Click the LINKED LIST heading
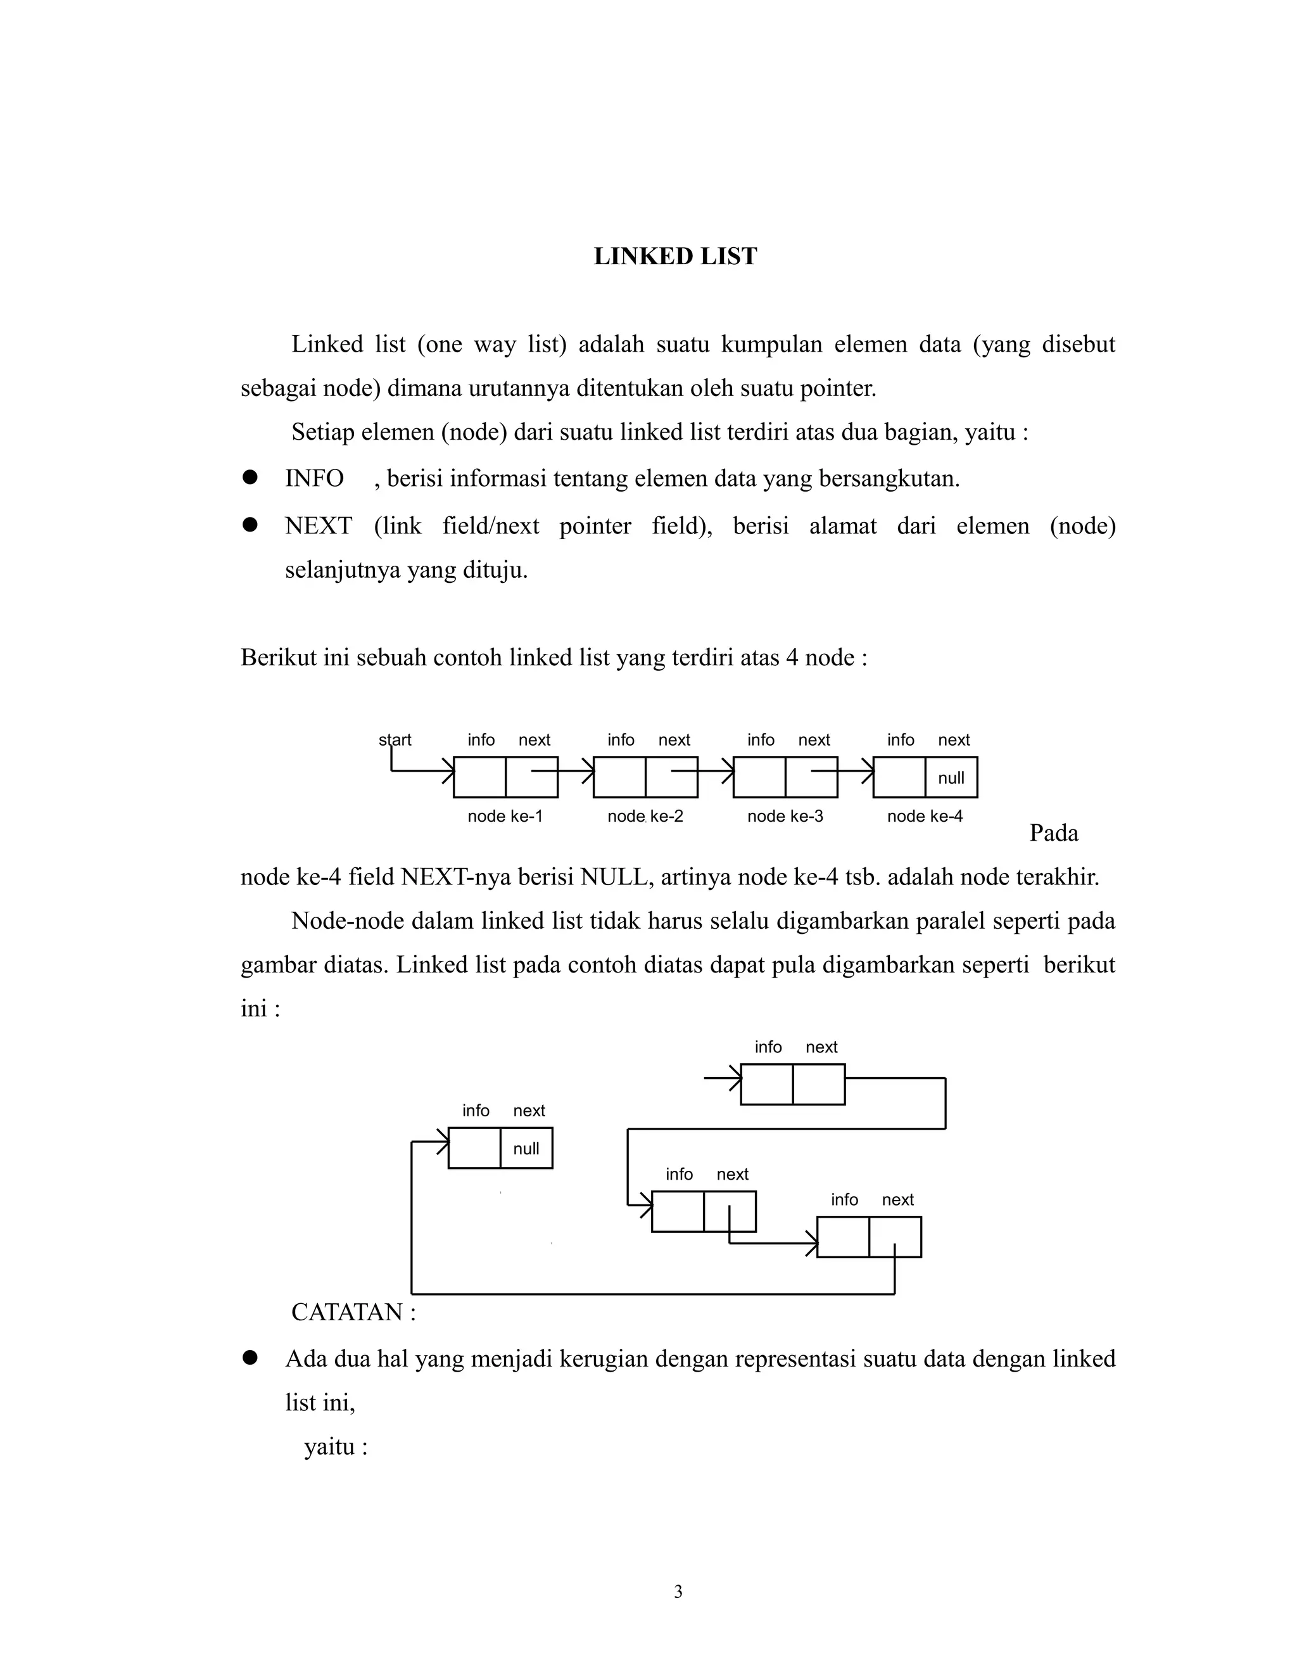(674, 257)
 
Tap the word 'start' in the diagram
(395, 739)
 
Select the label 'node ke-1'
(504, 816)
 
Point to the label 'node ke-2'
(645, 816)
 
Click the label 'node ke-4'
(924, 816)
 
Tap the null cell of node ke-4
(951, 778)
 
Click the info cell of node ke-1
(479, 777)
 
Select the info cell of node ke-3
(759, 777)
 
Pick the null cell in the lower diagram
(526, 1149)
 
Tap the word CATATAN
(347, 1312)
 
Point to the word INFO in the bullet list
(314, 478)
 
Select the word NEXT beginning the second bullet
(319, 526)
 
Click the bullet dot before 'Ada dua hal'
(250, 1358)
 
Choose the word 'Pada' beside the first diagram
(1053, 833)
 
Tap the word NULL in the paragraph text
(613, 877)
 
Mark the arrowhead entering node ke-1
(449, 770)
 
